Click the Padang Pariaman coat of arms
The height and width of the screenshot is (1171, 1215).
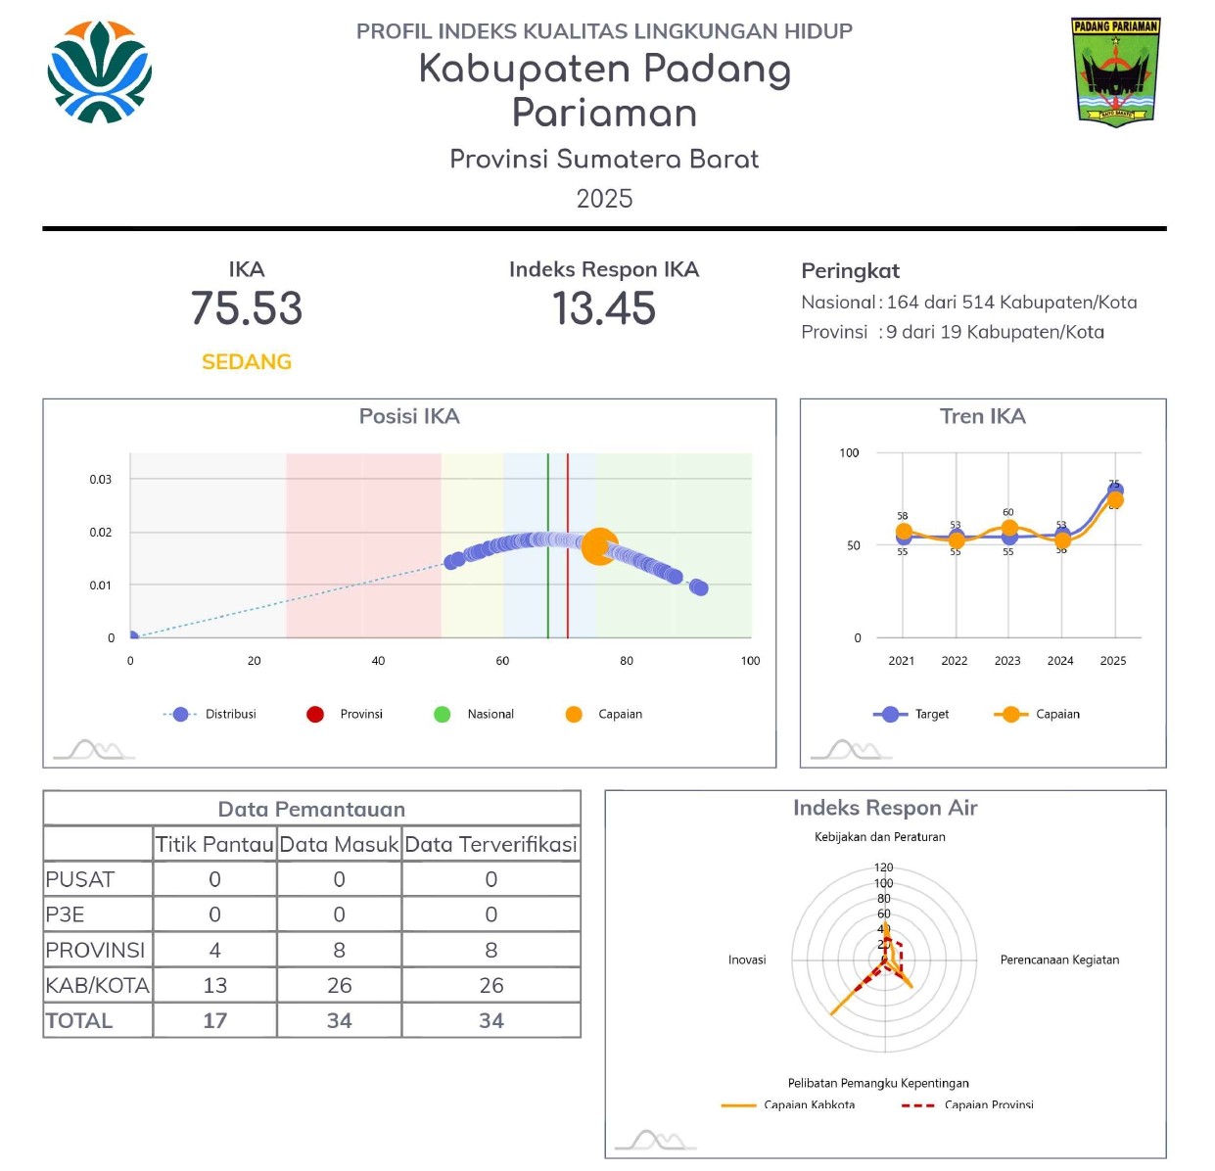(1115, 71)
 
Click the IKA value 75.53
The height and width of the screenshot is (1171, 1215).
(247, 308)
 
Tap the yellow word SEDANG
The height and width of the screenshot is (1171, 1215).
(247, 362)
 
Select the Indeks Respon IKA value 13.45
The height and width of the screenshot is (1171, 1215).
(604, 309)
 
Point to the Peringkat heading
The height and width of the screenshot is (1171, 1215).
(850, 271)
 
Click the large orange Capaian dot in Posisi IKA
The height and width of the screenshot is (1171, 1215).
(600, 546)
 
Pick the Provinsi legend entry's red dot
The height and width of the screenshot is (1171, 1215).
(315, 715)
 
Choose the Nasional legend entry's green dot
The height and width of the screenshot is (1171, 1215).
(443, 715)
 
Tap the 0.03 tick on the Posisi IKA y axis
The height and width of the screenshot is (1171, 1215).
(101, 480)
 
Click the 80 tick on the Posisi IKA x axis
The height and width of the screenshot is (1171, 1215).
(627, 661)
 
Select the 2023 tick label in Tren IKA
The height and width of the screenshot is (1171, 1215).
(1007, 661)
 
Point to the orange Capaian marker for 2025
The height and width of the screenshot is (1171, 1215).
(1115, 500)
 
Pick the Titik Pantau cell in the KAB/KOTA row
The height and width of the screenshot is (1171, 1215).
(214, 985)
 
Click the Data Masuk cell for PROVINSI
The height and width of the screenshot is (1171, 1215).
(339, 950)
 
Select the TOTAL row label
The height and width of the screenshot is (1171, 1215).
(79, 1020)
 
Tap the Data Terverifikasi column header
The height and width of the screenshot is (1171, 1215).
(491, 844)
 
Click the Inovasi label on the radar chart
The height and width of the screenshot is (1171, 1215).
(747, 960)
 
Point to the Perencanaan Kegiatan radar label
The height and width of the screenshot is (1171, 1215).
(1059, 960)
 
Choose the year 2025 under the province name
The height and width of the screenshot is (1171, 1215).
(604, 199)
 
